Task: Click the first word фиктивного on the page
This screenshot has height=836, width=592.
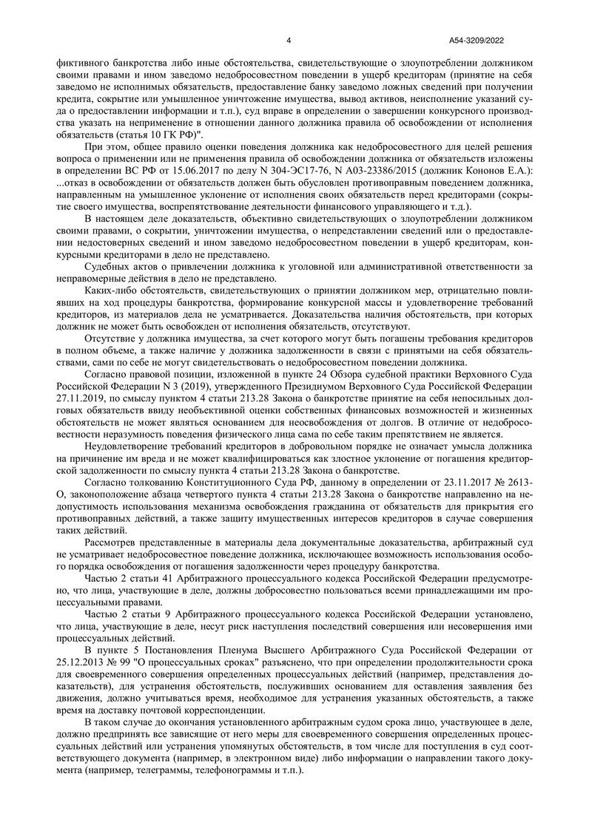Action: (x=85, y=64)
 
